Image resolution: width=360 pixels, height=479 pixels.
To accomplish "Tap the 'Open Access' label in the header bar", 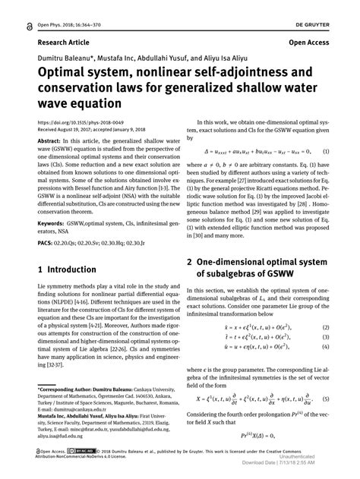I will (311, 43).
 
